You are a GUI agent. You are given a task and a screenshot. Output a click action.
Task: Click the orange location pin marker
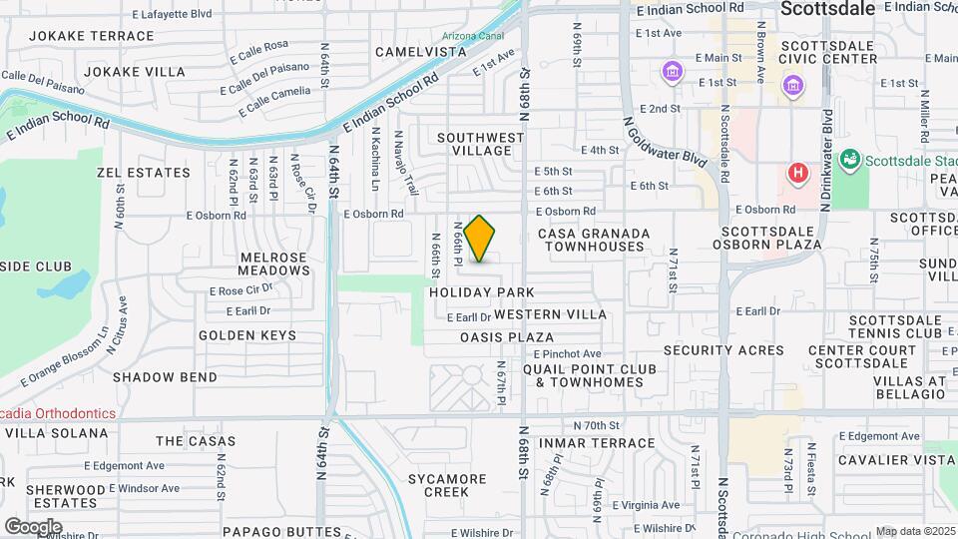point(480,239)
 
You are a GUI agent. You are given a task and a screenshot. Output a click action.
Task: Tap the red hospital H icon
point(796,173)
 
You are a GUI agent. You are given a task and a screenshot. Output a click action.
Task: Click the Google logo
point(33,526)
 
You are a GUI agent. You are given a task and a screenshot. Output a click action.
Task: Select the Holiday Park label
point(483,292)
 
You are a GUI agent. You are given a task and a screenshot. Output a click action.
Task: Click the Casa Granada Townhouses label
point(594,239)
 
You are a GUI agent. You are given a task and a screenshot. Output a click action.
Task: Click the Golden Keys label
point(246,335)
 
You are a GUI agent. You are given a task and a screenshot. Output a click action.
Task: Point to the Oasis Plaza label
point(506,337)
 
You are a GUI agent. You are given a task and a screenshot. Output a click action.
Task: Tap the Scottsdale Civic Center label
point(829,52)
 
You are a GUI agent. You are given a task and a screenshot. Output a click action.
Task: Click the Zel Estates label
point(144,173)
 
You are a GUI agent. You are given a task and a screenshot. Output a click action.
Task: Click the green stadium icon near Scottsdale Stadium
point(850,158)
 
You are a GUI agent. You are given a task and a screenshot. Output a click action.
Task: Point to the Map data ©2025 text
point(915,531)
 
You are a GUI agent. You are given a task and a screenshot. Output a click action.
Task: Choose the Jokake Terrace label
point(92,36)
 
